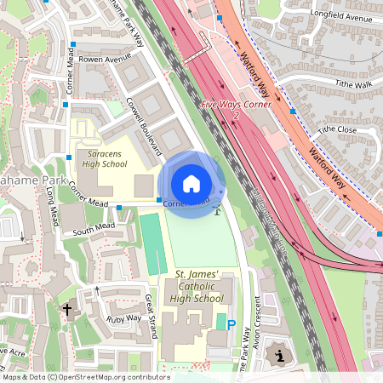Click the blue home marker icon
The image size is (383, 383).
(191, 183)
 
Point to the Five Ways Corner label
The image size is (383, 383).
(236, 105)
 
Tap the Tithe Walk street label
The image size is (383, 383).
(353, 84)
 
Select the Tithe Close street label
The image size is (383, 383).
(337, 129)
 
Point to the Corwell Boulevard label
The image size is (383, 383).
(144, 128)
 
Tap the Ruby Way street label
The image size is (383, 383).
(123, 318)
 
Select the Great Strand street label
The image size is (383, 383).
(151, 316)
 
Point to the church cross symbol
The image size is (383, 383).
(68, 311)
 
